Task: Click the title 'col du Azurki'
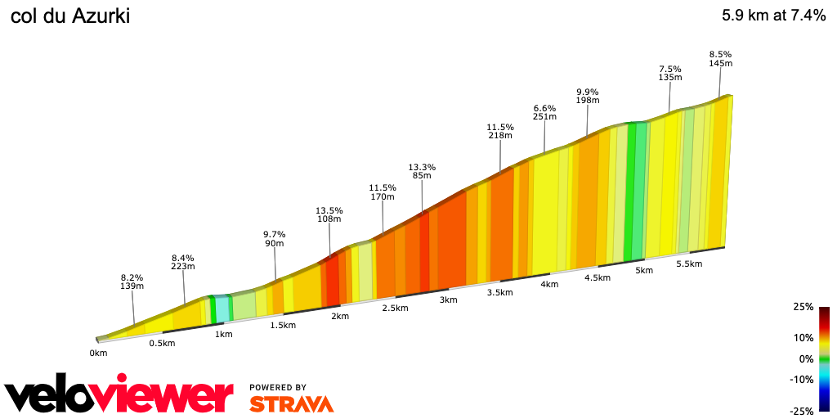69,16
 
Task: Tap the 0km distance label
98,354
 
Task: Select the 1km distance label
223,334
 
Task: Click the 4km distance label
549,285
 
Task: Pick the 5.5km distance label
690,264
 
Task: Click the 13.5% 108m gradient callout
329,215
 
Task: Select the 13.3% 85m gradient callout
423,171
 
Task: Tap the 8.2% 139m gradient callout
132,282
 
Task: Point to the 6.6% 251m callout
544,112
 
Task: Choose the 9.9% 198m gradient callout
587,96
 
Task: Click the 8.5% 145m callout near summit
720,59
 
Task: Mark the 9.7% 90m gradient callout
274,238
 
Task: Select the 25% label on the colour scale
803,307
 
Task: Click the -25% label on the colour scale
802,411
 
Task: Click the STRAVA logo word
291,403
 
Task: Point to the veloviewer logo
119,395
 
